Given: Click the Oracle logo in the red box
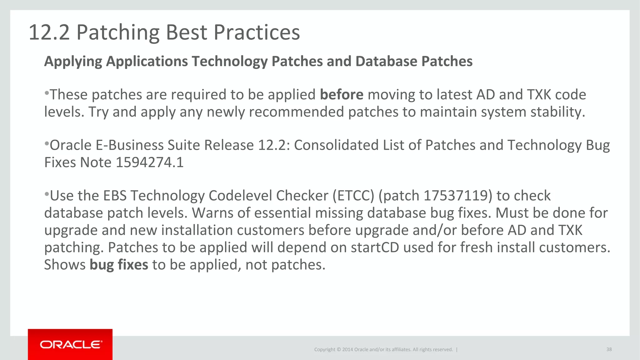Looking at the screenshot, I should [71, 345].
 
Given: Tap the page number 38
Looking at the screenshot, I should [609, 349].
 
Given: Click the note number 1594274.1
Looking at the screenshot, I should [149, 162].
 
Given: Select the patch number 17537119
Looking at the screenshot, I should [456, 196].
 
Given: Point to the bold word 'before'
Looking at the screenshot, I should [342, 95].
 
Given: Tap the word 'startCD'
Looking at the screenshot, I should [375, 247].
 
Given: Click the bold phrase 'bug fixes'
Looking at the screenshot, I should [119, 265].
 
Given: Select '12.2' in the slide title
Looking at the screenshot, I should [49, 32].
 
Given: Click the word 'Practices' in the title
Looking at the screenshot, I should [257, 32].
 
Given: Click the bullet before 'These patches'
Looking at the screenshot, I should [47, 93].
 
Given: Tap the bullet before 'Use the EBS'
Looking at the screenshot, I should [47, 194].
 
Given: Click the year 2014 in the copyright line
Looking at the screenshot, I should [347, 349].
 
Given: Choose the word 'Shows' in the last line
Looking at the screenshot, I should [65, 265].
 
